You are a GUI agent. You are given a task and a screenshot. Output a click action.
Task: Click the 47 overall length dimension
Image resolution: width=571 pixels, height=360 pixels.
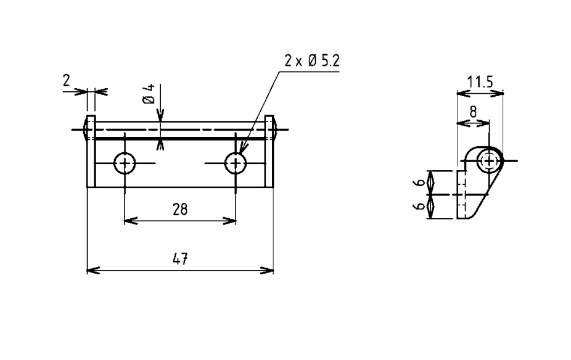pos(180,259)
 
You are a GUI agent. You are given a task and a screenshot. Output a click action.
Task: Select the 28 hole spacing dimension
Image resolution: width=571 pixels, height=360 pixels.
pos(180,210)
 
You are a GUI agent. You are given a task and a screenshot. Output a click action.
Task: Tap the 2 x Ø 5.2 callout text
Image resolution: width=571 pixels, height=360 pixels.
pos(312,60)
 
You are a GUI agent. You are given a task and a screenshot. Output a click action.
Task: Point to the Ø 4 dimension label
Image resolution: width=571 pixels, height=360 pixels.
pos(149,94)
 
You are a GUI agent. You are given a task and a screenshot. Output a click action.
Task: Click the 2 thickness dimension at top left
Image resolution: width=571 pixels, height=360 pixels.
pos(66,80)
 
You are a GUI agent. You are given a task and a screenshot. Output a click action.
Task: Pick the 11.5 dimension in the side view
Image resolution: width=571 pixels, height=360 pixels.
pos(480,82)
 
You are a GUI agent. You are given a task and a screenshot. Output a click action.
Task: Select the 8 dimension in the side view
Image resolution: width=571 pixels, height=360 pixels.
pos(473,112)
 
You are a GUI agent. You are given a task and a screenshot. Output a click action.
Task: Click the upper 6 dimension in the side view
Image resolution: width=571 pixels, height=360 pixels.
pos(421,182)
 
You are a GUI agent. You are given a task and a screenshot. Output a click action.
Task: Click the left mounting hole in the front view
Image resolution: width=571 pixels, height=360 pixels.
pos(125,163)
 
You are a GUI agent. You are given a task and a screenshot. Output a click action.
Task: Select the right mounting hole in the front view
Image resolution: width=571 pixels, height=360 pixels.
pos(236,163)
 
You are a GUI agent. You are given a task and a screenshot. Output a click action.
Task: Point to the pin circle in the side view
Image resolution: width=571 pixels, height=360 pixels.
pos(490,160)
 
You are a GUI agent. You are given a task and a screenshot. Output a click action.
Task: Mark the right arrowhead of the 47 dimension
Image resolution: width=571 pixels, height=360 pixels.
pos(267,271)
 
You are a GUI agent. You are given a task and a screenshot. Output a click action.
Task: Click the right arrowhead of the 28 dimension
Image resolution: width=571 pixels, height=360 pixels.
pos(229,221)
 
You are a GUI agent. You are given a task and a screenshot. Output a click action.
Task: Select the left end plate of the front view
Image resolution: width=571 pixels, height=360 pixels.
pos(91,152)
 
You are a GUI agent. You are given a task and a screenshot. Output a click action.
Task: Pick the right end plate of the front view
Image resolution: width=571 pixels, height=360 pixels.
pos(269,152)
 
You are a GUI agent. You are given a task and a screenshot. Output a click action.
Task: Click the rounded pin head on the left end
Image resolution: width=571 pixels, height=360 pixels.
pos(85,129)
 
